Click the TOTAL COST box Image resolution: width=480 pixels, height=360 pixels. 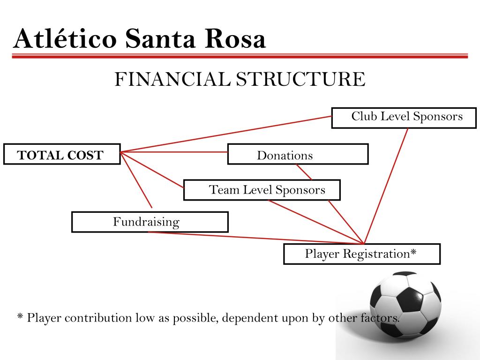tap(62, 154)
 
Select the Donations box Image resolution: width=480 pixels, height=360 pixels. tap(298, 154)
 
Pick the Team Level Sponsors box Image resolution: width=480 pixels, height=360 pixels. tap(262, 190)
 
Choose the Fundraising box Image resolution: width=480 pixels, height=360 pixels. tap(150, 222)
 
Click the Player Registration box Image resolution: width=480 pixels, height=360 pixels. tap(361, 254)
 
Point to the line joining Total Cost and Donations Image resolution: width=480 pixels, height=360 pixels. tap(173, 152)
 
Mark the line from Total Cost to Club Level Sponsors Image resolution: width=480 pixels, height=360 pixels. tap(225, 134)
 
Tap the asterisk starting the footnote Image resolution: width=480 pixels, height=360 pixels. tap(20, 318)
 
